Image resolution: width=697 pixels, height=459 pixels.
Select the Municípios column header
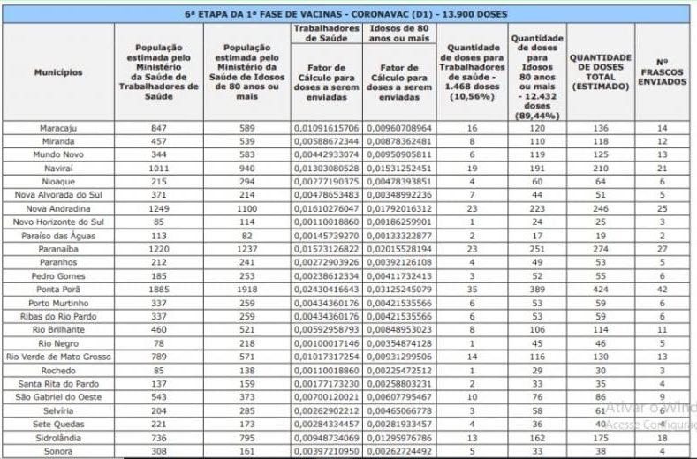(x=58, y=71)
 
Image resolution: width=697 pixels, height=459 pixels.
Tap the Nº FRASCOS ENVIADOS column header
(x=663, y=71)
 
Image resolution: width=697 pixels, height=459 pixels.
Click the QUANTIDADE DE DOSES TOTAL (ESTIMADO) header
(x=601, y=71)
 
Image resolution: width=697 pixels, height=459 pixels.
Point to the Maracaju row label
(x=58, y=128)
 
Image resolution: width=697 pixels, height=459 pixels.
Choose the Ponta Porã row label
(x=58, y=289)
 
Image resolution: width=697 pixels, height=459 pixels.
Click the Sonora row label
(x=58, y=450)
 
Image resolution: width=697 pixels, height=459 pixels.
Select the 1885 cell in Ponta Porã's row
(x=159, y=289)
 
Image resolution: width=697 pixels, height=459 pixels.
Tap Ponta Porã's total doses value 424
(x=601, y=289)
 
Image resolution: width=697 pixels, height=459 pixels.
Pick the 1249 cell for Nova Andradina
(x=159, y=207)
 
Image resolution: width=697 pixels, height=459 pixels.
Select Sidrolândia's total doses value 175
(x=601, y=437)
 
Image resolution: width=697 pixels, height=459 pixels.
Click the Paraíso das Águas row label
(x=58, y=237)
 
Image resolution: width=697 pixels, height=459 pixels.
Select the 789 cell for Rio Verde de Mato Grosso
(x=159, y=356)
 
